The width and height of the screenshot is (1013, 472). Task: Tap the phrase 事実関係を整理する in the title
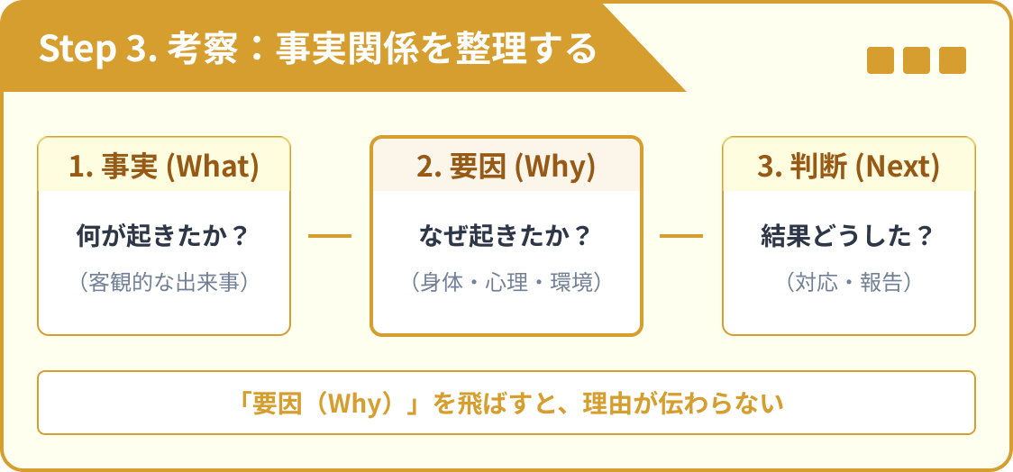point(436,48)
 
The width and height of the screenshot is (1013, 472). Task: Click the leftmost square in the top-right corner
point(880,60)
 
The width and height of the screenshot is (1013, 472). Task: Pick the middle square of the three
point(916,60)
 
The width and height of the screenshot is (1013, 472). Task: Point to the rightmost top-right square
point(952,60)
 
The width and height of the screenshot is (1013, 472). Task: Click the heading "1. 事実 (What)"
point(163,166)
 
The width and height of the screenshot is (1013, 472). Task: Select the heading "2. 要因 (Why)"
point(506,166)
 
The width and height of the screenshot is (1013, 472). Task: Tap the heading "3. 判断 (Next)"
point(848,166)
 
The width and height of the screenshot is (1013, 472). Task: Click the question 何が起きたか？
point(163,236)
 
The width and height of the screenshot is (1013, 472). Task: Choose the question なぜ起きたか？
point(506,236)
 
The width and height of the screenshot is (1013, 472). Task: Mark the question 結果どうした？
point(848,236)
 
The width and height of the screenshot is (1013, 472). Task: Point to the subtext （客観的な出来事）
point(163,283)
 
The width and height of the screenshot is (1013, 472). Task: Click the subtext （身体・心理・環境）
point(506,283)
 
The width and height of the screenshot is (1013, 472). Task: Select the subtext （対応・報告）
point(848,283)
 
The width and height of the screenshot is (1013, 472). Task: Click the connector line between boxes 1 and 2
point(330,236)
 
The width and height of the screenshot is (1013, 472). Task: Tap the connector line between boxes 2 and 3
point(681,236)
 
